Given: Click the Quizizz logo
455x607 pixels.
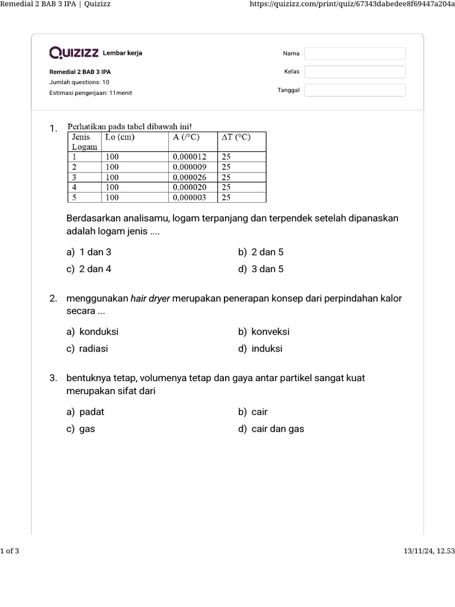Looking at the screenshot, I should point(74,53).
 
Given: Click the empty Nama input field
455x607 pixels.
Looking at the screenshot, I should point(355,54).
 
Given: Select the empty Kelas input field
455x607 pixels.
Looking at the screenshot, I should point(355,72).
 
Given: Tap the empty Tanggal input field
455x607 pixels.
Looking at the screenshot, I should point(355,90).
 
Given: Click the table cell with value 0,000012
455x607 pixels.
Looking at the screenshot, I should point(193,157).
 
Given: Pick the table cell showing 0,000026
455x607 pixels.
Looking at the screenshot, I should point(193,177).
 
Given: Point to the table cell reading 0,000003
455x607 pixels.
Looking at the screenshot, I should point(193,197).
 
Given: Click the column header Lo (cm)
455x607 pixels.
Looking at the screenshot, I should point(120,138).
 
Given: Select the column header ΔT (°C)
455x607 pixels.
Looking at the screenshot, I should point(236,138).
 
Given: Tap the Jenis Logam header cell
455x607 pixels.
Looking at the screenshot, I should point(85,142).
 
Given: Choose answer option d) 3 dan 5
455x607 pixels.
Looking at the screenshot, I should point(261,269).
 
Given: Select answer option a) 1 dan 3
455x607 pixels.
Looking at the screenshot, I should point(89,252).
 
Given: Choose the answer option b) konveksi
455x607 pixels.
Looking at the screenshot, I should point(264,332).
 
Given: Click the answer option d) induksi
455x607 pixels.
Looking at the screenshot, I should point(261,349).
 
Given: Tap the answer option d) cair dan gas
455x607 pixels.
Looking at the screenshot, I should point(271,429).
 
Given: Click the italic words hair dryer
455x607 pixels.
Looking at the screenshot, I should point(150,299).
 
